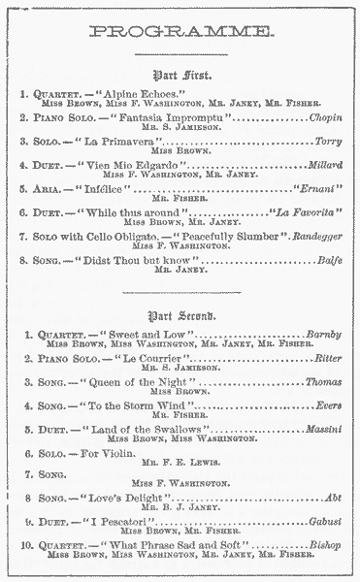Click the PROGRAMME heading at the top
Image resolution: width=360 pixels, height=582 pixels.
180,32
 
